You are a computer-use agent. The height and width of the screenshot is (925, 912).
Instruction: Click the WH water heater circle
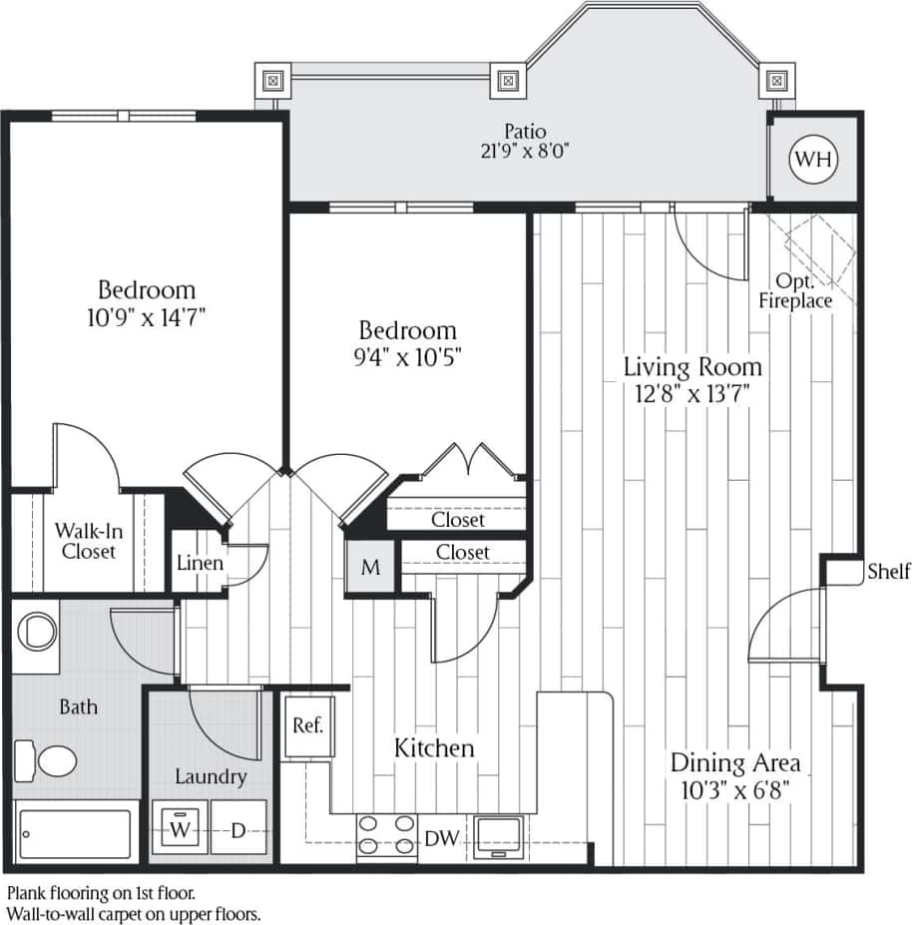pos(813,159)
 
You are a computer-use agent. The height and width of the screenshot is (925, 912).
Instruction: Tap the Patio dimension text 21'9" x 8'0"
pos(524,151)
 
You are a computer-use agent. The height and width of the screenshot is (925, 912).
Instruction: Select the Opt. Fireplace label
pos(795,290)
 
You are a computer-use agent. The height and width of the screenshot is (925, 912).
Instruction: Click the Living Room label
pos(692,366)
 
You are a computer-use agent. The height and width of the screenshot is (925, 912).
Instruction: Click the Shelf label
pos(888,572)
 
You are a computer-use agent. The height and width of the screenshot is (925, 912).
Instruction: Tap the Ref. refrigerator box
pos(307,725)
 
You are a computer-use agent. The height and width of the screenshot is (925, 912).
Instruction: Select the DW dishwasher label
pos(440,838)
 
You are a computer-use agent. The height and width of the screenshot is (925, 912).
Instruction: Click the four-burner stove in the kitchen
pos(387,834)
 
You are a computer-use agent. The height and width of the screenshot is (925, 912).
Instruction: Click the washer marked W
pos(180,829)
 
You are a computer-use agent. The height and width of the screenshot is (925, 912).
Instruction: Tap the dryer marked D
pos(238,829)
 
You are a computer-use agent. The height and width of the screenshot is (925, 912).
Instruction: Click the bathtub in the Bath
pos(76,833)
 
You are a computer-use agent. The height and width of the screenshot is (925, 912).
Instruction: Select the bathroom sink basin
pos(38,631)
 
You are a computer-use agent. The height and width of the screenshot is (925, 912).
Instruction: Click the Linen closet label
pos(200,563)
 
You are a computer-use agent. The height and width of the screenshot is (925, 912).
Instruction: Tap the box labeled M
pos(370,568)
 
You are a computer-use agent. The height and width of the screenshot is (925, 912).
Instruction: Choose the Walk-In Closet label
pos(85,540)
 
